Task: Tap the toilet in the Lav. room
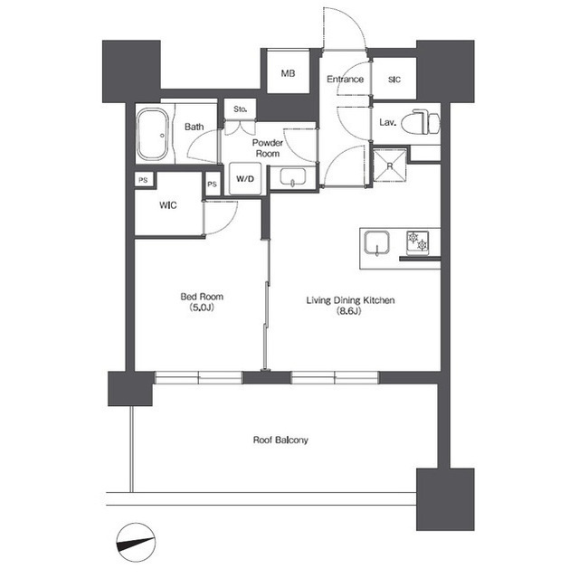[421, 122]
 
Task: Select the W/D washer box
[245, 179]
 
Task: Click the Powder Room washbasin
[293, 176]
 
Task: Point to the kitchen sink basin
[376, 242]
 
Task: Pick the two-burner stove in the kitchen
[418, 242]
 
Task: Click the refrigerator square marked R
[390, 166]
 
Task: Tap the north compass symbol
[136, 543]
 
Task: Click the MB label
[288, 73]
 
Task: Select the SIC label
[394, 80]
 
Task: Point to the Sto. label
[240, 109]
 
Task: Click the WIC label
[168, 205]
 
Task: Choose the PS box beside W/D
[212, 185]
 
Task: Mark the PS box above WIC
[143, 180]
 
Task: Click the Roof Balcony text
[280, 440]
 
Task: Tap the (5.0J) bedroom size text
[202, 307]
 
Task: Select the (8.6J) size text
[349, 311]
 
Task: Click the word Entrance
[346, 79]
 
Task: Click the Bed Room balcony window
[198, 377]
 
